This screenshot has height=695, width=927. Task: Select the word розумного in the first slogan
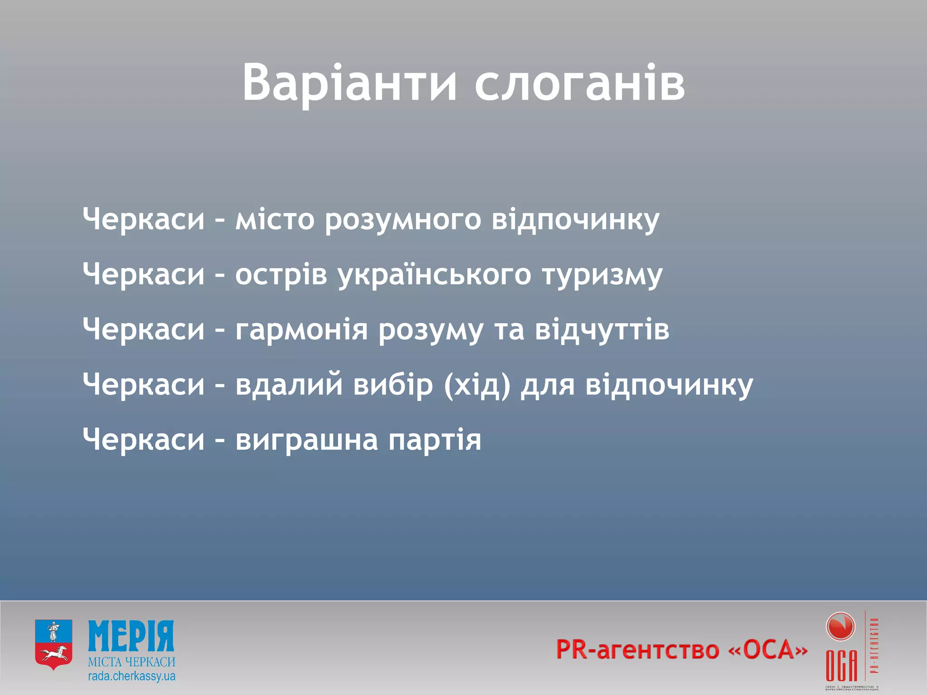click(x=403, y=220)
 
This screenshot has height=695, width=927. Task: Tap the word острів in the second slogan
click(x=281, y=275)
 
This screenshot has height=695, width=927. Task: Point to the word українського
click(x=435, y=275)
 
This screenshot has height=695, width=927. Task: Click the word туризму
click(x=602, y=275)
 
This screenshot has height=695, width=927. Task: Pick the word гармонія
click(x=301, y=330)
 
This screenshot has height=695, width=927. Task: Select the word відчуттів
click(x=602, y=330)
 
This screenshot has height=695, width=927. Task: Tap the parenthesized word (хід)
click(x=477, y=386)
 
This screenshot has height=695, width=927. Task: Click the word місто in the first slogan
click(x=275, y=220)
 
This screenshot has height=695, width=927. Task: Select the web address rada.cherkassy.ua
click(x=131, y=677)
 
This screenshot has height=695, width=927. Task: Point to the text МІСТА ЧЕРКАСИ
click(x=131, y=662)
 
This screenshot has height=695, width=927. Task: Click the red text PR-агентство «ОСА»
click(x=681, y=650)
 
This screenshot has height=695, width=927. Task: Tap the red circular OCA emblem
click(x=840, y=627)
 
